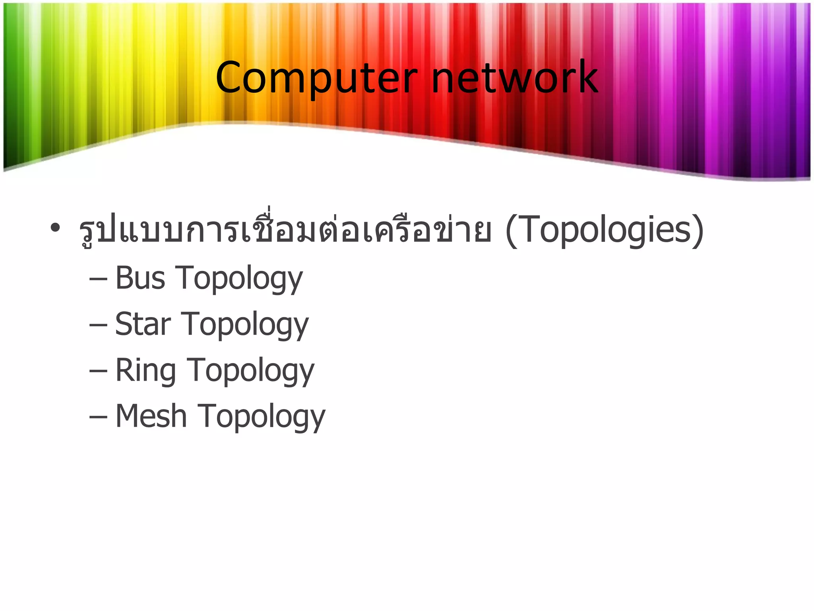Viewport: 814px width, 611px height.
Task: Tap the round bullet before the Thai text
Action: (55, 228)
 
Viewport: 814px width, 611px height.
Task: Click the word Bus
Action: (140, 278)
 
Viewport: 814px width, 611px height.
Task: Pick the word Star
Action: (143, 324)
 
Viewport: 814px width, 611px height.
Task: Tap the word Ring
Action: (145, 370)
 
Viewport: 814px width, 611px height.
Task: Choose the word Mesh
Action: (151, 416)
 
